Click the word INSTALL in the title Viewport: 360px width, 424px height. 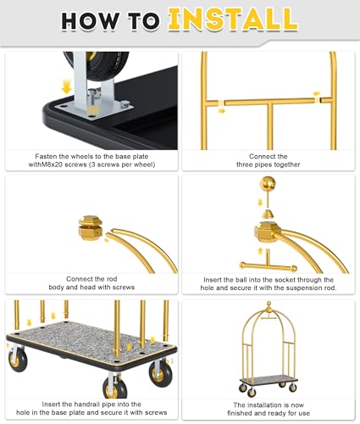233,20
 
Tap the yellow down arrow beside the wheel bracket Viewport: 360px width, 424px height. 67,86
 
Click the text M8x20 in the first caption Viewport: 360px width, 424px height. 53,165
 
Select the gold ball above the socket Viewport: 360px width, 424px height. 268,184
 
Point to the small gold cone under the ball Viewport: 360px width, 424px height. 268,215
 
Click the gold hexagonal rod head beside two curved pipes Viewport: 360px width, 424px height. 91,227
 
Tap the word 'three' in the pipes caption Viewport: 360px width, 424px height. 245,165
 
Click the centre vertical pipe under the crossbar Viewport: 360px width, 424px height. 270,126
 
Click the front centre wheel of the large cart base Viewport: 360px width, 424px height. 115,387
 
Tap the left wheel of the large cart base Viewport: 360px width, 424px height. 18,360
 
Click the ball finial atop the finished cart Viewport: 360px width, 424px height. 269,304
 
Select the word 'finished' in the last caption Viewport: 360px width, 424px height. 240,413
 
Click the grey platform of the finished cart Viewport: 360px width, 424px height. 269,379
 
